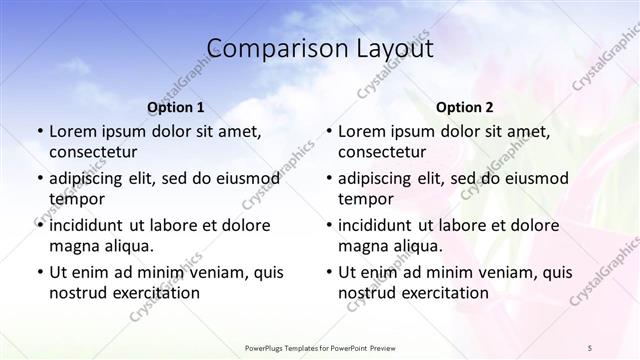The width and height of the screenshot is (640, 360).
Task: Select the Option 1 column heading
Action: point(175,107)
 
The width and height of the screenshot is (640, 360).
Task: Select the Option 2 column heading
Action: point(464,107)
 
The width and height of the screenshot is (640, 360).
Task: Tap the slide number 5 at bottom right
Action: point(590,346)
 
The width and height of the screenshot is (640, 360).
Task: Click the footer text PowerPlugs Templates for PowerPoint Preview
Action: point(319,346)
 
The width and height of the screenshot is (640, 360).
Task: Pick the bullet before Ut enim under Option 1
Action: point(38,273)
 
